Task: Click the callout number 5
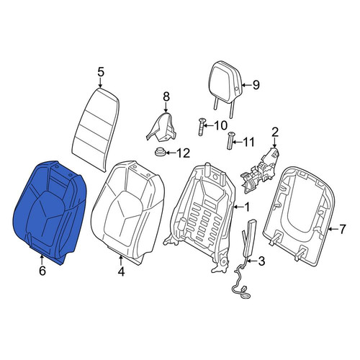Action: point(101,72)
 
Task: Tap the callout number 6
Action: point(42,271)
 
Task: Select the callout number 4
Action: point(122,271)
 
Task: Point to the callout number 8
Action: point(166,96)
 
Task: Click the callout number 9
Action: point(256,85)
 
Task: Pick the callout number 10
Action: point(220,125)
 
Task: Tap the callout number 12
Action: point(184,153)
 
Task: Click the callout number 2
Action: point(274,132)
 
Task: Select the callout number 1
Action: point(247,207)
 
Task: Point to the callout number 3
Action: point(261,261)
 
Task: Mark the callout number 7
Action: point(342,229)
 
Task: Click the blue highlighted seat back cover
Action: point(49,211)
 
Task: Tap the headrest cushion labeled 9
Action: point(225,81)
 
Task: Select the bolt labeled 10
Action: point(201,127)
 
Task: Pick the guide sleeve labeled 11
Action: point(230,140)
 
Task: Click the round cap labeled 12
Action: point(160,152)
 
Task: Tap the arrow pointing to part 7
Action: point(332,229)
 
